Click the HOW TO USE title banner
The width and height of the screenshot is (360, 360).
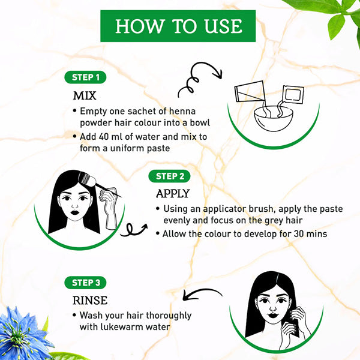pos(178,26)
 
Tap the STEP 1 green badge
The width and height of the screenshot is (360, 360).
pos(85,77)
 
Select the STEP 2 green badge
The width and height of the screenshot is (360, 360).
pos(169,176)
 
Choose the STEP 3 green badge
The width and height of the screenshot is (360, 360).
pos(85,283)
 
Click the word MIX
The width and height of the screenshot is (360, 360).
pos(85,96)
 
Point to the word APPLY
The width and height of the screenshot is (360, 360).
pos(173,194)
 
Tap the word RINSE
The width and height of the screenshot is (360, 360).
pos(90,301)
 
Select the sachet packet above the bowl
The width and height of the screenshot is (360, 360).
pos(293,94)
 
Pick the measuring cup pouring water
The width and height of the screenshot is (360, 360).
pos(250,91)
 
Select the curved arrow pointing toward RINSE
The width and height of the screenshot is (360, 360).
pos(202,293)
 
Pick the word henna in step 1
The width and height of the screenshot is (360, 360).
pos(182,111)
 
